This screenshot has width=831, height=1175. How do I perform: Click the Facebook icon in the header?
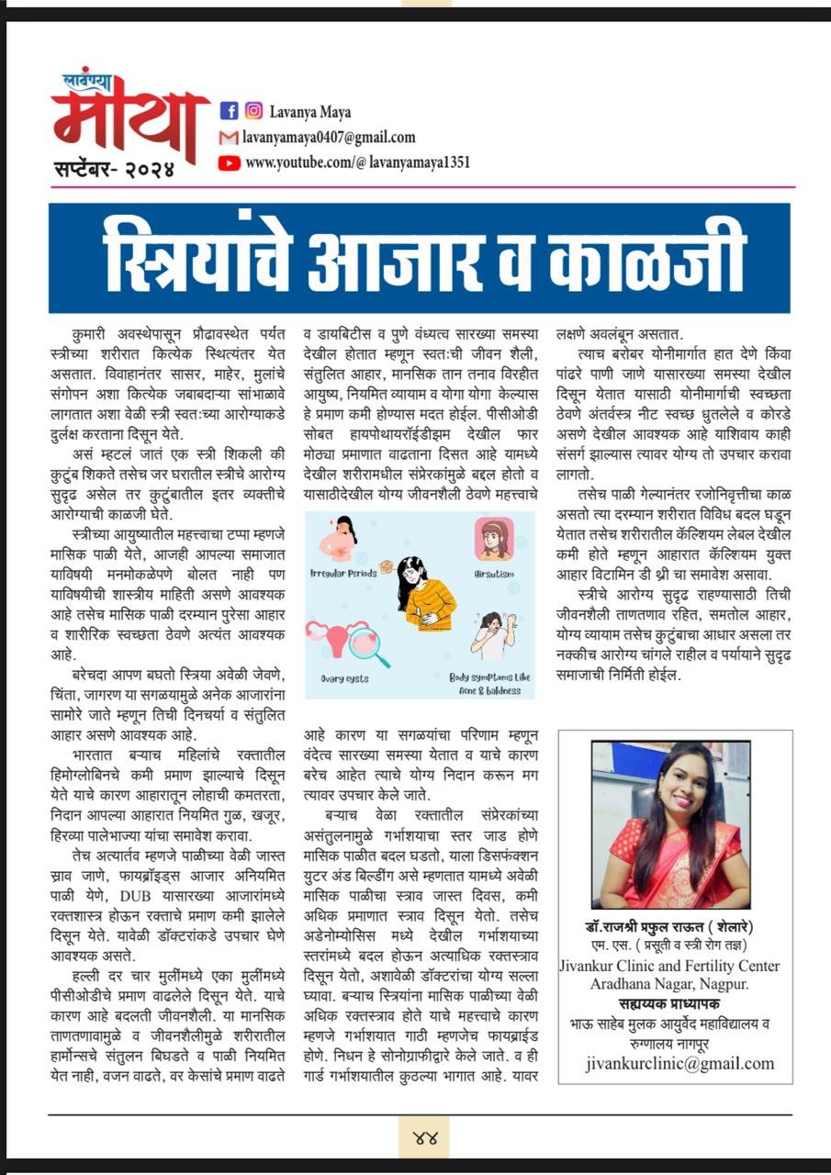click(230, 111)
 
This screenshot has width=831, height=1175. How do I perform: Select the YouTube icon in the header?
click(230, 162)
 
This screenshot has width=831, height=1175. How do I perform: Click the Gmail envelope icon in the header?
click(230, 138)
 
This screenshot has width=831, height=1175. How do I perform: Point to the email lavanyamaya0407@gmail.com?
click(330, 138)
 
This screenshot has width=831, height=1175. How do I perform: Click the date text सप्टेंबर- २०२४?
click(111, 168)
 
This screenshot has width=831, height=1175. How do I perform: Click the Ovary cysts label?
click(345, 679)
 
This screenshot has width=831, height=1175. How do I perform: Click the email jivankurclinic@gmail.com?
click(679, 1064)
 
